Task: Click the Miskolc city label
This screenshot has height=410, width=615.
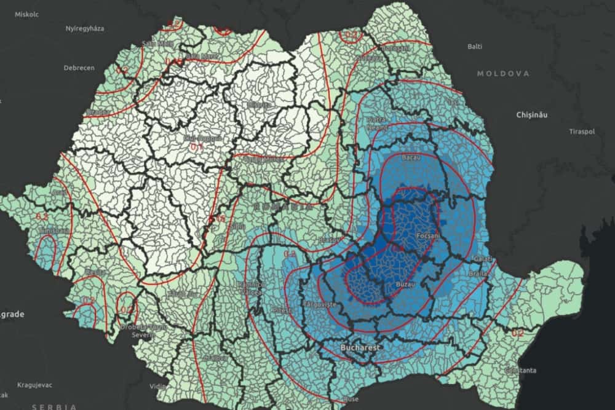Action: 26,14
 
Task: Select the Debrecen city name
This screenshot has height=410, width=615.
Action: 79,68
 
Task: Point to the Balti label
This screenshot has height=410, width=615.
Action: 475,46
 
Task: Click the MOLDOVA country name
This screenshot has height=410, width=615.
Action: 503,74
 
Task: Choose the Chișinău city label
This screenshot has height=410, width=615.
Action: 532,115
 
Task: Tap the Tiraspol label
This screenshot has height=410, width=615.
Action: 582,131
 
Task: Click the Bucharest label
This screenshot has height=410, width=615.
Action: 362,348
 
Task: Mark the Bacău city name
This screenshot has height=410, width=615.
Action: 410,158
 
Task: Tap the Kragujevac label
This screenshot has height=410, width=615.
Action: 33,385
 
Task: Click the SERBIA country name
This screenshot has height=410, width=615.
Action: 55,406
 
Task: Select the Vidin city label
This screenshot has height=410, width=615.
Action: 157,386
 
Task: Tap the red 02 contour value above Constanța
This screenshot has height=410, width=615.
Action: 517,333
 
